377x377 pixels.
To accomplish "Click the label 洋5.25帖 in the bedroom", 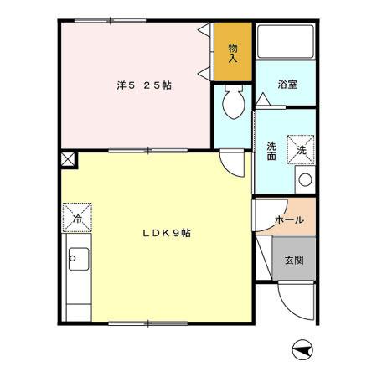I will (x=143, y=85).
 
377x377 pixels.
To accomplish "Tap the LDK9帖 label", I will (x=165, y=233).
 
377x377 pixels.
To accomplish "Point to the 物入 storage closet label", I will (x=233, y=52).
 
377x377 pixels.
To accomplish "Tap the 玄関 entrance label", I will (x=293, y=260).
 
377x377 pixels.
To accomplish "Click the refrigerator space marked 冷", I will (x=77, y=217).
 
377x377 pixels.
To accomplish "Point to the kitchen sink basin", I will (x=78, y=259).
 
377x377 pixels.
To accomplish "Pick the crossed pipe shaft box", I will (x=67, y=158).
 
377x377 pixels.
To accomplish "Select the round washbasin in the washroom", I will (x=305, y=179).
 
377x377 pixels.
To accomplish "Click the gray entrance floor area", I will (x=293, y=261).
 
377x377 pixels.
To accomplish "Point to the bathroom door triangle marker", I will (x=262, y=101).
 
